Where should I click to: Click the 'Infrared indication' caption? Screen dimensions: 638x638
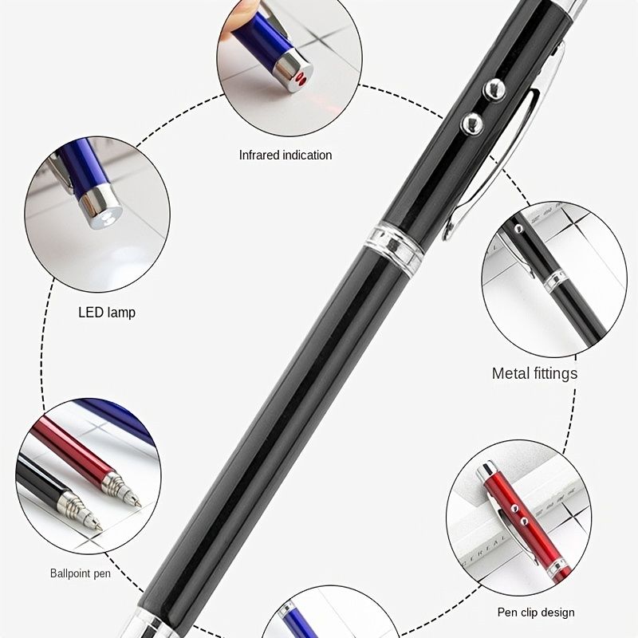click(286, 155)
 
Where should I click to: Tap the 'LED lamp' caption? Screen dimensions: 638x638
click(107, 313)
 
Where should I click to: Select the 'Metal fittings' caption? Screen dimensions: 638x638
click(534, 373)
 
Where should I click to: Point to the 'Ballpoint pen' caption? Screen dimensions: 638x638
click(81, 573)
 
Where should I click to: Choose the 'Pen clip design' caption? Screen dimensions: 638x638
click(536, 612)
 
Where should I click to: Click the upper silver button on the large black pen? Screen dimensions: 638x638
click(494, 89)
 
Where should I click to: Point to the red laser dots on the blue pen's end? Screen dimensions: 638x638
click(301, 78)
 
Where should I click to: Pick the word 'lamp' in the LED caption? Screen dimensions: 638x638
click(121, 313)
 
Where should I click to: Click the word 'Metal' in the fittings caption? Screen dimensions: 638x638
click(510, 373)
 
